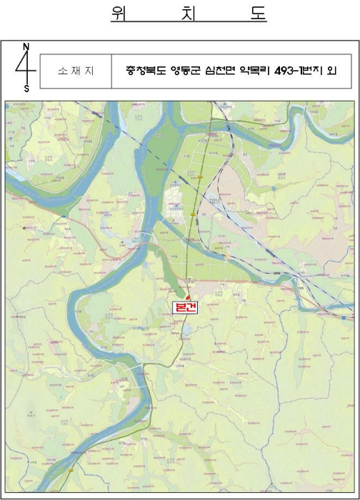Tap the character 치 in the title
pos(189,14)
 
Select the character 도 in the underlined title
pos(257,14)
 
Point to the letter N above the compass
pos(26,46)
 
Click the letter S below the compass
pos(26,89)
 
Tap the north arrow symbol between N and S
pos(26,67)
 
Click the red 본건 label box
pos(186,306)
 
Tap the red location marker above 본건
pos(188,296)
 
